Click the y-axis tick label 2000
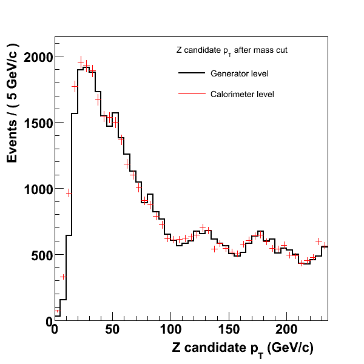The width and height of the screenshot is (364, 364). click(38, 57)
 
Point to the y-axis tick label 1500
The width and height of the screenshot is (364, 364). click(38, 123)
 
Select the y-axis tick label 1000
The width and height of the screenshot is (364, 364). click(38, 189)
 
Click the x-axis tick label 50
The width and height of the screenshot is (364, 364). click(113, 331)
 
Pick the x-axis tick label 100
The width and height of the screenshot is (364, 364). click(170, 331)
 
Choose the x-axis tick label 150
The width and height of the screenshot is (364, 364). click(228, 331)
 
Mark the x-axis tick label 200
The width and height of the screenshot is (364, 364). click(286, 331)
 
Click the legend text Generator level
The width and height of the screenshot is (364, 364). click(239, 74)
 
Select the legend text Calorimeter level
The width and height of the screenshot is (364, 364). click(242, 94)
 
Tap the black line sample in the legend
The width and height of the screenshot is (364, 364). click(191, 74)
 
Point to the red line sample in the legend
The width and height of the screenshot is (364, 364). click(191, 94)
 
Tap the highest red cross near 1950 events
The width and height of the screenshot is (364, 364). click(81, 62)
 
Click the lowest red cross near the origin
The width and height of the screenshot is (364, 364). click(58, 311)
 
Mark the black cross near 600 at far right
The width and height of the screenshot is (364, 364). click(318, 241)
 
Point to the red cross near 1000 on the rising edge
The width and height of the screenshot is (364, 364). click(69, 194)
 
